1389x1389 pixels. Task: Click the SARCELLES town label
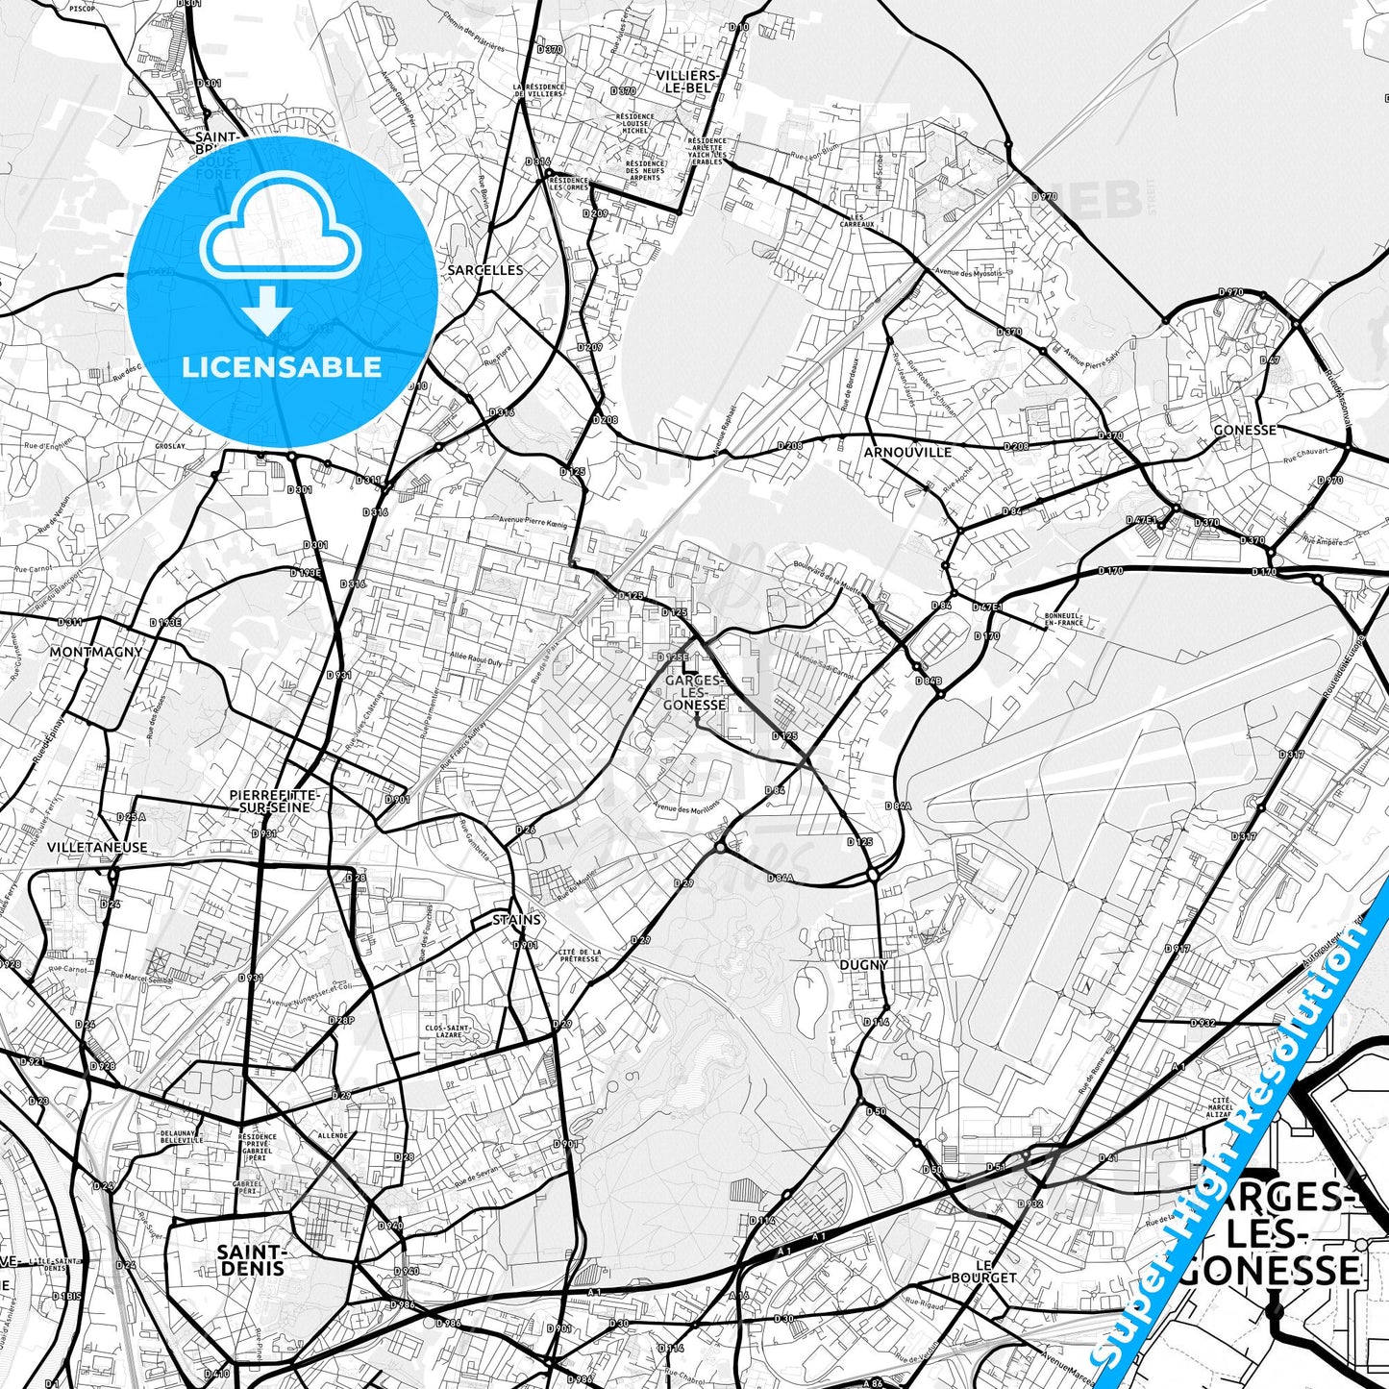click(x=485, y=270)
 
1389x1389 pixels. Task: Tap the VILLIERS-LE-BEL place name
click(x=687, y=81)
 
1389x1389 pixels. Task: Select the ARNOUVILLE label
click(x=907, y=452)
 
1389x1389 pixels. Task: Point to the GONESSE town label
click(x=1245, y=430)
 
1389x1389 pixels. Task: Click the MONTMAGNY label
click(x=96, y=652)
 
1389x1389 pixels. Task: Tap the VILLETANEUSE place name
click(x=97, y=847)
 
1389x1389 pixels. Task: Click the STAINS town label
click(x=517, y=920)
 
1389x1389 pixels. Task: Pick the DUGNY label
click(x=863, y=965)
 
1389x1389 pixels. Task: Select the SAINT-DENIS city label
click(x=251, y=1260)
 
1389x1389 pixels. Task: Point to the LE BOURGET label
click(x=983, y=1271)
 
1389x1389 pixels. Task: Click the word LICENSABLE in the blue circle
click(x=282, y=366)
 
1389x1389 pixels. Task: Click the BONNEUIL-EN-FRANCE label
click(x=1063, y=619)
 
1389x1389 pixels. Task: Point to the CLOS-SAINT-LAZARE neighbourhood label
click(x=447, y=1031)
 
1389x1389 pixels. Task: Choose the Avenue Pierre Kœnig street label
click(x=533, y=521)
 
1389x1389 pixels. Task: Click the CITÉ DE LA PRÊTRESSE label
click(x=579, y=955)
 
